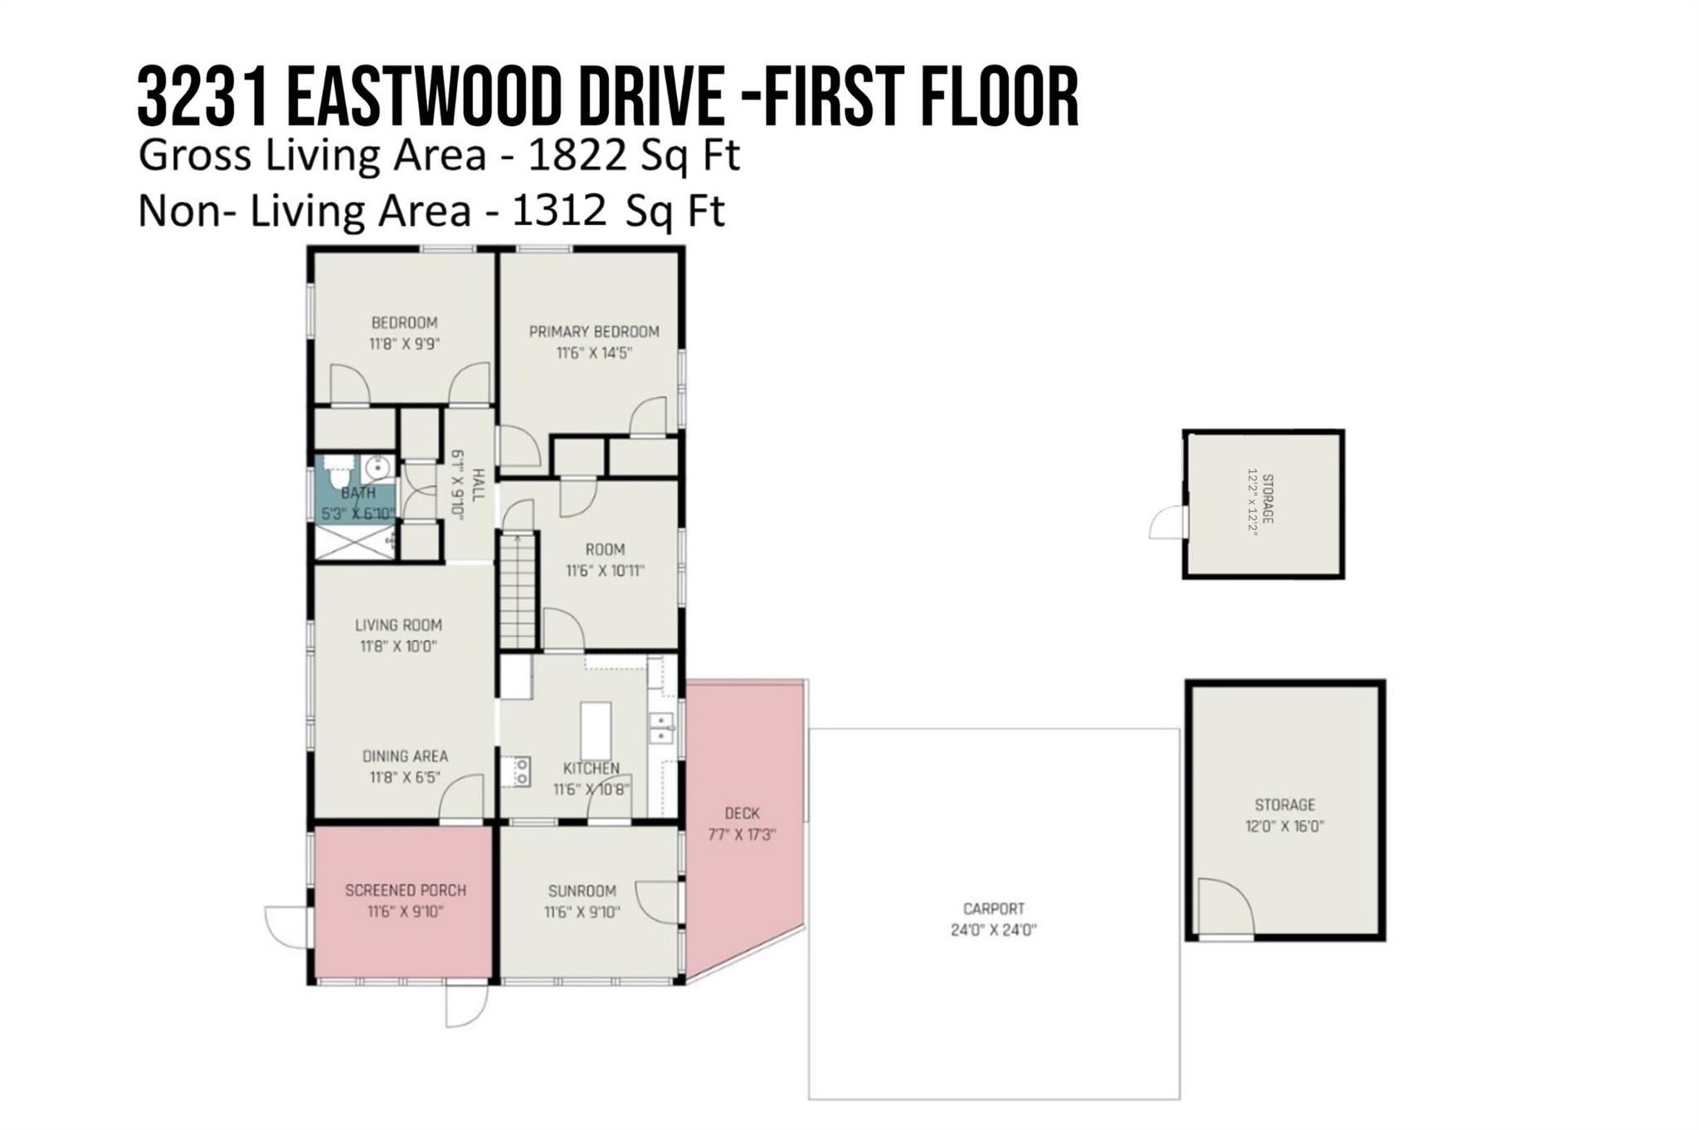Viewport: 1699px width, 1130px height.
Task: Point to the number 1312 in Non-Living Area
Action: (559, 211)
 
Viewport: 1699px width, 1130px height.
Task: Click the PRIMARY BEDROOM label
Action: (594, 332)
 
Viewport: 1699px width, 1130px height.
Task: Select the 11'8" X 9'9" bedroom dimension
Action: (404, 343)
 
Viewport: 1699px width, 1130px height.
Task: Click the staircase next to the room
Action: (518, 591)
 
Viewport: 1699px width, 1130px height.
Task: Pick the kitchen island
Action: (596, 731)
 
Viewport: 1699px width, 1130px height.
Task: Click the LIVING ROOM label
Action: (398, 625)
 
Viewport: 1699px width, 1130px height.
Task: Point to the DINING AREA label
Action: (405, 756)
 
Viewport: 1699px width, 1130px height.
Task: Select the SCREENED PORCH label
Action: (406, 890)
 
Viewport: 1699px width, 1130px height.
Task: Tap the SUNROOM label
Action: (582, 891)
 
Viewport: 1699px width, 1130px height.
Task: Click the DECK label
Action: (742, 813)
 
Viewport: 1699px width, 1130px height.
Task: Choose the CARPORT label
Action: (994, 908)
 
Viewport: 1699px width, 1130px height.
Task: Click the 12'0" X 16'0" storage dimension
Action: (1284, 826)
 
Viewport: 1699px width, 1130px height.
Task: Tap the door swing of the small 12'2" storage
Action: (1167, 523)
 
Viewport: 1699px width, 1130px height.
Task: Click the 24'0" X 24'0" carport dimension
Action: (994, 930)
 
